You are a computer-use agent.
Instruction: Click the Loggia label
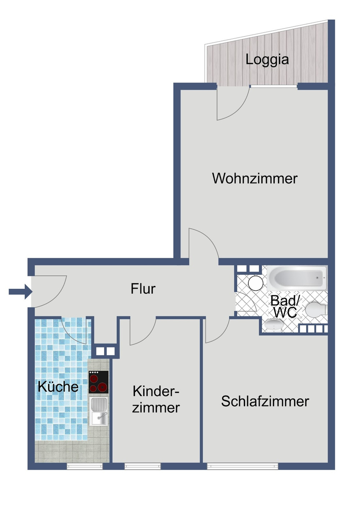tap(267, 60)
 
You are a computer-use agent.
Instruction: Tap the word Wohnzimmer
tap(255, 178)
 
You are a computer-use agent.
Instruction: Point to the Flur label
tap(143, 288)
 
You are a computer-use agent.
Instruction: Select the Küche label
tap(58, 387)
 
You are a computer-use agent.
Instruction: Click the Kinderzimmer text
tap(156, 399)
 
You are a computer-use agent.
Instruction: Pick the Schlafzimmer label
tap(265, 401)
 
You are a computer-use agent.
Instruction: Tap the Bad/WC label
tap(285, 306)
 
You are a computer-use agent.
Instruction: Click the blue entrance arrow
tap(20, 291)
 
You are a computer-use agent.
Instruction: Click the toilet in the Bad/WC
tap(316, 310)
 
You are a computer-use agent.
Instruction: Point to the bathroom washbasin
tap(274, 326)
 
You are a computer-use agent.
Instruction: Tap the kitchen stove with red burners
tap(99, 382)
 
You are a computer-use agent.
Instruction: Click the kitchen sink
tap(99, 411)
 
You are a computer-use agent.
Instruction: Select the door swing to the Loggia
tap(232, 104)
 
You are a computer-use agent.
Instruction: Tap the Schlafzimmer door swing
tap(216, 330)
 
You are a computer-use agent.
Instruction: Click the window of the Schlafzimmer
tap(243, 466)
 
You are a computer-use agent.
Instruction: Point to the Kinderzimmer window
tap(143, 466)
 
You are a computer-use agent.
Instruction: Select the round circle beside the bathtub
tap(256, 283)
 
